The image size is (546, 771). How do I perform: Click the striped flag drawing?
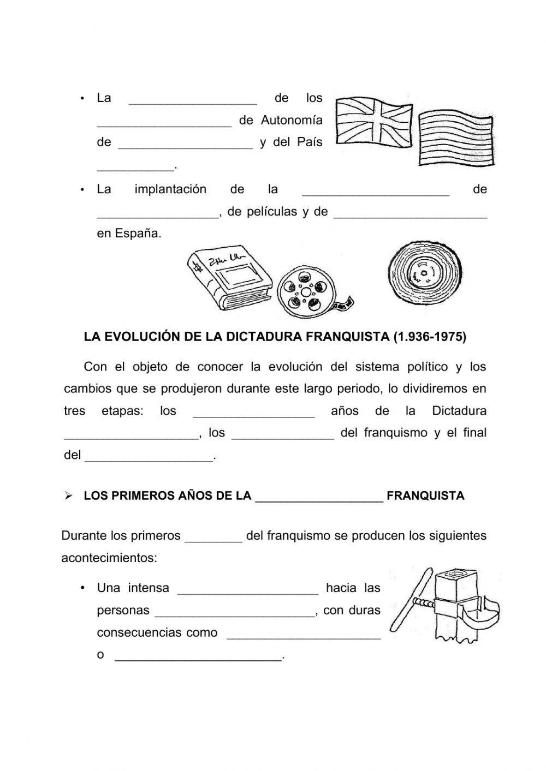[456, 139]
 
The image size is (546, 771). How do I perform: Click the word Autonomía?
[292, 120]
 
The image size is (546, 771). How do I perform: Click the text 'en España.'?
[129, 234]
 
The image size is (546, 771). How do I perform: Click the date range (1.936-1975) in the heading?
[429, 337]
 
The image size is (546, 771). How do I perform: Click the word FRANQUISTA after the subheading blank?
[425, 496]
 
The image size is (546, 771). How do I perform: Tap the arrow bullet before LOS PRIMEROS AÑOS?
[68, 496]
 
